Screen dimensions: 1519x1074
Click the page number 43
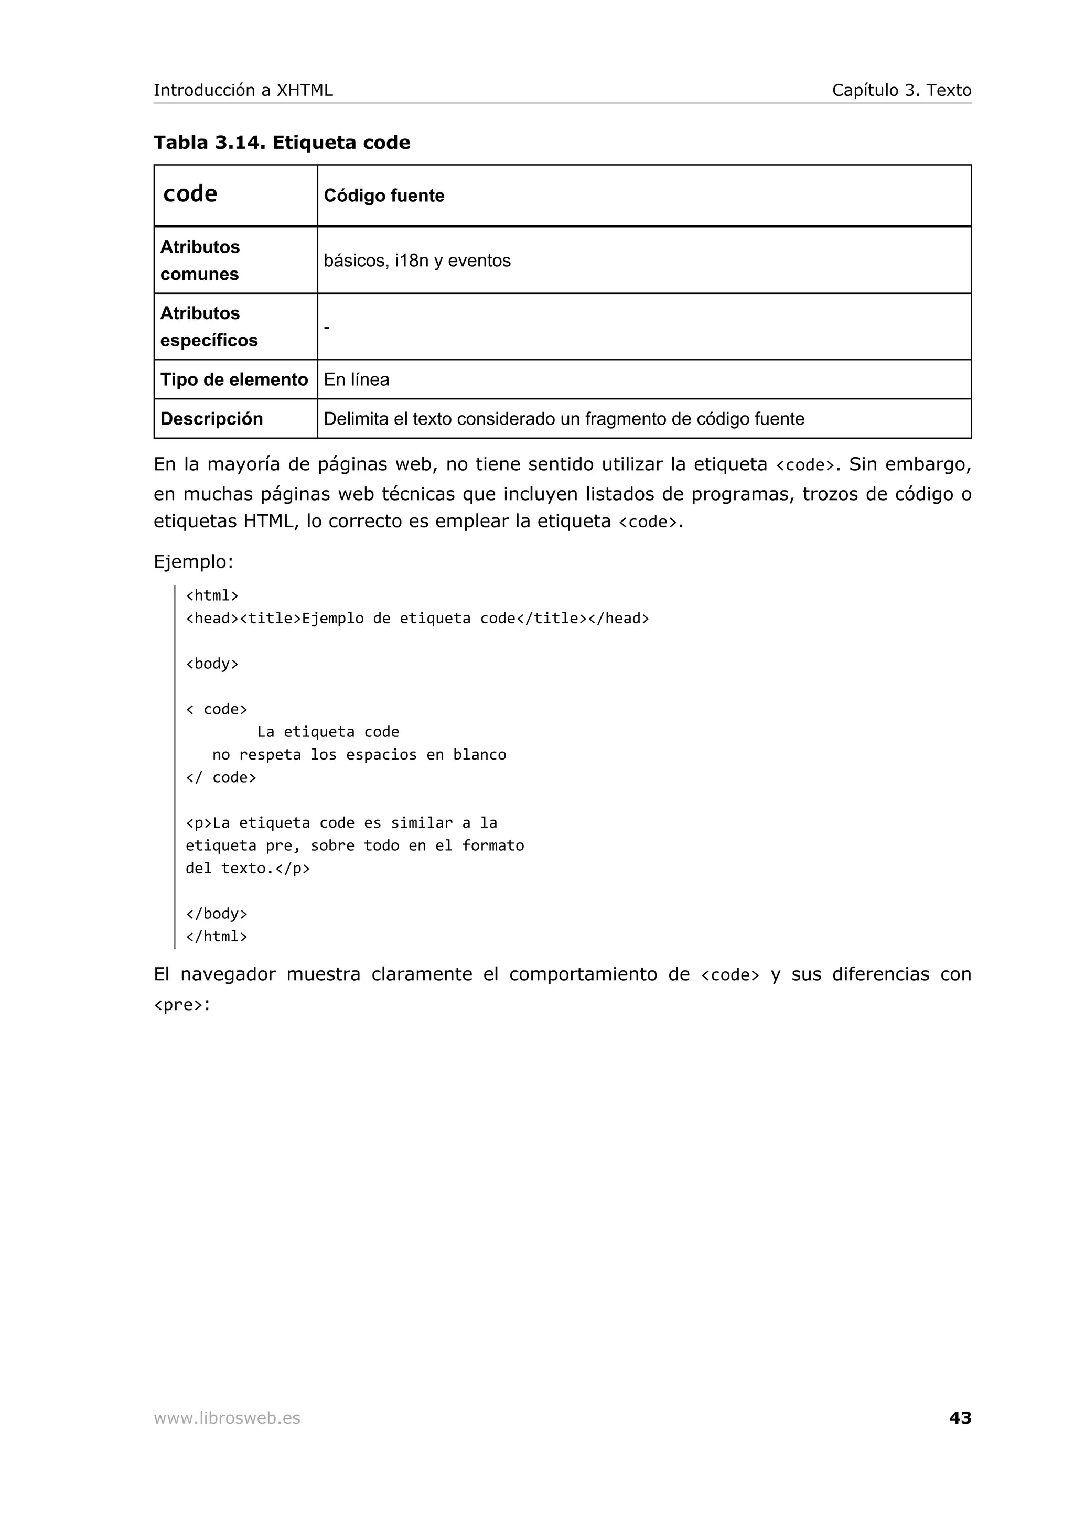[960, 1417]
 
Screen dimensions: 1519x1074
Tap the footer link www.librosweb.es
[227, 1418]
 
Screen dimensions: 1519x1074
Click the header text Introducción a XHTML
[243, 90]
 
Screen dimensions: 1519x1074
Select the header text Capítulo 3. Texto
[901, 90]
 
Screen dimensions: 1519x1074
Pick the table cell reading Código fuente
[384, 196]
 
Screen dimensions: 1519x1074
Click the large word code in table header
[190, 194]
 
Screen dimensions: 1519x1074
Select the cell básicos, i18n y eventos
[417, 261]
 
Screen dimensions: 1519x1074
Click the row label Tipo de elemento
[233, 379]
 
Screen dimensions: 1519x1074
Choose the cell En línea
[356, 379]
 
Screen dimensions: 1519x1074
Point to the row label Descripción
[211, 419]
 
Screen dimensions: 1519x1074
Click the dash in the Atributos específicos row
[327, 328]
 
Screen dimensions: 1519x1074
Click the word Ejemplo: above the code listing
[193, 562]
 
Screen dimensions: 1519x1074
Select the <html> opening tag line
[212, 595]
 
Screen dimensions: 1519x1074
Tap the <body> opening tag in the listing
[212, 664]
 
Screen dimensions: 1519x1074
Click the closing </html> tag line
[217, 936]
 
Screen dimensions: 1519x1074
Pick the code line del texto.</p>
[248, 868]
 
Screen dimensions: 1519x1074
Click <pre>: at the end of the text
[181, 1005]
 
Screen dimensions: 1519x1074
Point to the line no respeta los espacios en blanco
[359, 755]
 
